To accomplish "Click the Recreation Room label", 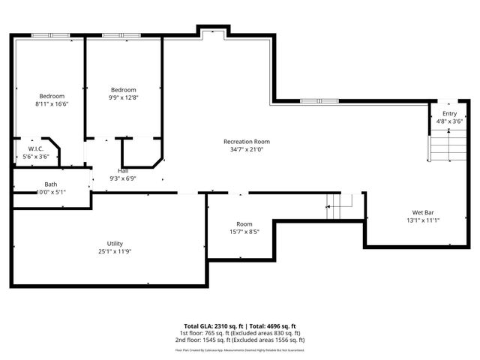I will pyautogui.click(x=247, y=142).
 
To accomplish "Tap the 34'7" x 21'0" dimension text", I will pyautogui.click(x=247, y=150).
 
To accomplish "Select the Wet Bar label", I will pyautogui.click(x=423, y=212).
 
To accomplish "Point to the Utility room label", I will pyautogui.click(x=115, y=244).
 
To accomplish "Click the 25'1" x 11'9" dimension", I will pyautogui.click(x=115, y=252).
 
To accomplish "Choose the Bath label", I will pyautogui.click(x=51, y=184).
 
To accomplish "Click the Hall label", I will pyautogui.click(x=123, y=171).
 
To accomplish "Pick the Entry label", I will pyautogui.click(x=449, y=112).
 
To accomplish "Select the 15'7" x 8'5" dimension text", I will pyautogui.click(x=244, y=232).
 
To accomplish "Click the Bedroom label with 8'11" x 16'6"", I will pyautogui.click(x=52, y=96).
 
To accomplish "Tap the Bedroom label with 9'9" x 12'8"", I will pyautogui.click(x=124, y=89).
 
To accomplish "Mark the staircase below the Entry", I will pyautogui.click(x=439, y=145).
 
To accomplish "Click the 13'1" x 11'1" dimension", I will pyautogui.click(x=423, y=220).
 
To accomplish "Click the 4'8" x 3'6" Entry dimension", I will pyautogui.click(x=449, y=121).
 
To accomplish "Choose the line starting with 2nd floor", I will pyautogui.click(x=240, y=339).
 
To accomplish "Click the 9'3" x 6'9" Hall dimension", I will pyautogui.click(x=123, y=178).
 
